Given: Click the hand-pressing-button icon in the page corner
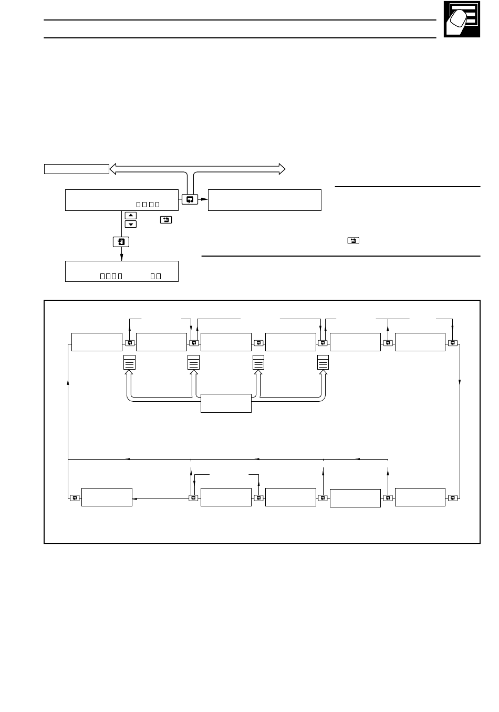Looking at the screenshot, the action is pos(462,19).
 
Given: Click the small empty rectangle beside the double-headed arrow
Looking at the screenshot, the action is pos(76,169).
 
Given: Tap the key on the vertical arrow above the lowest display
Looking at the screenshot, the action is pos(121,242).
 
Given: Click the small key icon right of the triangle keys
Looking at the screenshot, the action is pos(165,219).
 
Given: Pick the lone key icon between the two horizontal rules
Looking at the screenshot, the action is pos(353,240).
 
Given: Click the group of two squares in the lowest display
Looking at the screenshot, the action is pos(155,276).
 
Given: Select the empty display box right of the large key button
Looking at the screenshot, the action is pos(264,200).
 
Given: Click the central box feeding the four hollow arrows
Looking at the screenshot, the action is pos(226,403).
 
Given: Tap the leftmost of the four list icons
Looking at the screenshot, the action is pos(129,363).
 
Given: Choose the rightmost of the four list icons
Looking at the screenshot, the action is pos(323,363).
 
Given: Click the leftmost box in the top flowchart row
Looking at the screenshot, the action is pos(97,342).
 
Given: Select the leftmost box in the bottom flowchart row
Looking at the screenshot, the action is pos(107,497).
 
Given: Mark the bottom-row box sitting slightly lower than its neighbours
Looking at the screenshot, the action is pos(355,499).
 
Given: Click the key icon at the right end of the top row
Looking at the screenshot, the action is pos(453,343).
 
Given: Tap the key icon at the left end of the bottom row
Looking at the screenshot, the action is pos(75,497).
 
